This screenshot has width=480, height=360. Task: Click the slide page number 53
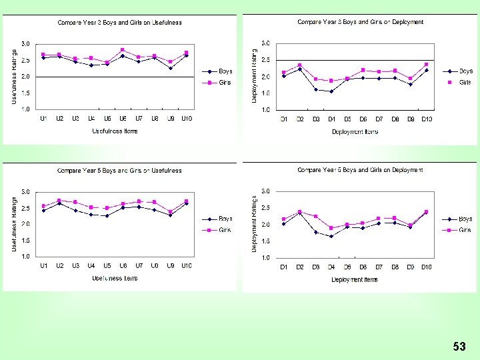[459, 346]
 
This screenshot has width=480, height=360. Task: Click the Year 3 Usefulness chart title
[119, 22]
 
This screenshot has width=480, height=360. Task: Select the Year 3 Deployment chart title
[360, 22]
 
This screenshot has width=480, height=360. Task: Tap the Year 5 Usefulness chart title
[119, 171]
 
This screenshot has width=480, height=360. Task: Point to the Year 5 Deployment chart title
[360, 170]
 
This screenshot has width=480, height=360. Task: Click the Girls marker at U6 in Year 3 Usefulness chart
[123, 50]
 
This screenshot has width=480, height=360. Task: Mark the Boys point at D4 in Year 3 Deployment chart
[331, 91]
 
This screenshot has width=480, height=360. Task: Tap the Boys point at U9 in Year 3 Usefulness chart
[171, 68]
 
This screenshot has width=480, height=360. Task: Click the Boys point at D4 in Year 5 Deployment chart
[331, 236]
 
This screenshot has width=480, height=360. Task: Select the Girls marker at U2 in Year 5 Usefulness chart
[59, 200]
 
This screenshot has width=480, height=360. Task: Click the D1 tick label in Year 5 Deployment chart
[283, 267]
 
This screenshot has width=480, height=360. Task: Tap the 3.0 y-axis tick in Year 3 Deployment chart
[265, 43]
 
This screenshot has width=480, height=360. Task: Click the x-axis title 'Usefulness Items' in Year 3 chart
[115, 131]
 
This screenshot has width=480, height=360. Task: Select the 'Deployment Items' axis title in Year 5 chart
[355, 279]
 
